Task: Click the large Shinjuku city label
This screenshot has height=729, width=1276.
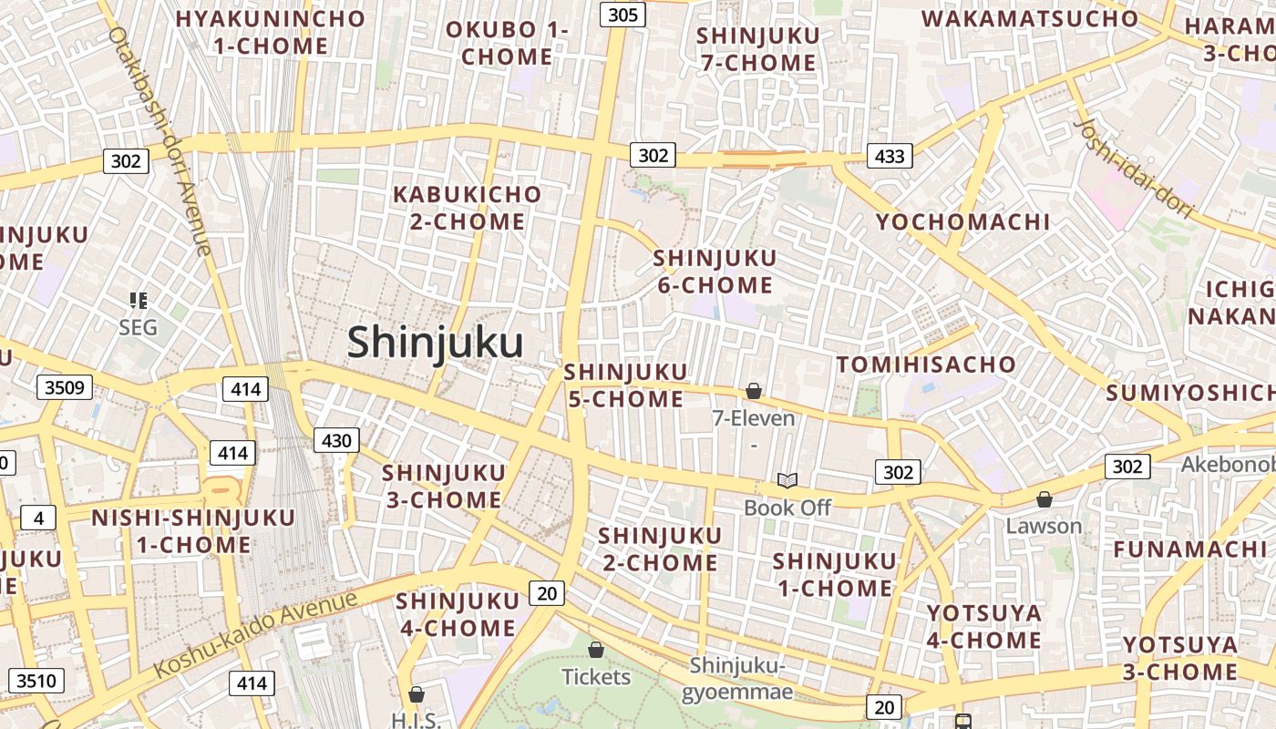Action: coord(435,344)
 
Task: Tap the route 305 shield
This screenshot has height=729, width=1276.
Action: coord(623,14)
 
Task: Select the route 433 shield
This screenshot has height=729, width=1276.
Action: coord(889,156)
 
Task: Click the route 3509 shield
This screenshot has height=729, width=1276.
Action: coord(65,387)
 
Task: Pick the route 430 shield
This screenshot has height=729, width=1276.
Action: coord(336,441)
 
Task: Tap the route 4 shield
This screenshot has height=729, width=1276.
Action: coord(37,519)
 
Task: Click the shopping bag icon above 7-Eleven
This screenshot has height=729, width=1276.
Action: coord(754,391)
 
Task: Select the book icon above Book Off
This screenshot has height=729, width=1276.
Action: coord(787,480)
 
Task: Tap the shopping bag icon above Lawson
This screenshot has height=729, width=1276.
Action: coord(1044,499)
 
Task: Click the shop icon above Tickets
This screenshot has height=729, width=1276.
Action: coord(596,650)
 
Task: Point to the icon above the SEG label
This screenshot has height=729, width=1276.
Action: coord(139,300)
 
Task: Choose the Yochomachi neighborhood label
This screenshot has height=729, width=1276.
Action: coord(963,221)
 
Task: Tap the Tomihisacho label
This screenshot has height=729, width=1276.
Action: coord(926,364)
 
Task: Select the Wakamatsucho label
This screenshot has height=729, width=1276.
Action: coord(1030,18)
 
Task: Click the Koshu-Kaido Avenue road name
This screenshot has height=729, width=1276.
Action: coord(256,634)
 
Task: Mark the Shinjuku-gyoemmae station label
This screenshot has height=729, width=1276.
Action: coord(737,678)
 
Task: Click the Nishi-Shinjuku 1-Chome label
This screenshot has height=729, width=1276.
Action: coord(193,531)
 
